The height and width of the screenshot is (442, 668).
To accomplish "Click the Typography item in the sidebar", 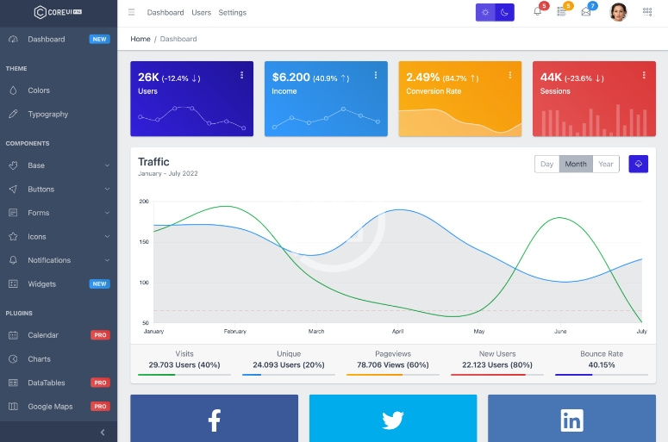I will pyautogui.click(x=47, y=114).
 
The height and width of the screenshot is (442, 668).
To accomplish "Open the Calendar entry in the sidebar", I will pyautogui.click(x=43, y=335).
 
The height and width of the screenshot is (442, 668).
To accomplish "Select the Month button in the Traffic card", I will pyautogui.click(x=576, y=164).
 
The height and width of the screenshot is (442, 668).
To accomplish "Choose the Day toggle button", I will pyautogui.click(x=546, y=164).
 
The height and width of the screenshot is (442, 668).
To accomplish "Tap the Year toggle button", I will pyautogui.click(x=606, y=164).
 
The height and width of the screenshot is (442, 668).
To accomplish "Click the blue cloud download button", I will pyautogui.click(x=638, y=164).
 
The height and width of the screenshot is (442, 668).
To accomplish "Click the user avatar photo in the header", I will pyautogui.click(x=618, y=12).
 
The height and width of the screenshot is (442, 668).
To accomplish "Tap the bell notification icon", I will pyautogui.click(x=537, y=12).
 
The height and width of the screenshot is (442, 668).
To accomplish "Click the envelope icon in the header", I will pyautogui.click(x=586, y=12).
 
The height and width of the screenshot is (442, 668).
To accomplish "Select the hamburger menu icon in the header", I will pyautogui.click(x=131, y=13).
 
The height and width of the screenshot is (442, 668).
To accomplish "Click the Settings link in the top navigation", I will pyautogui.click(x=232, y=13).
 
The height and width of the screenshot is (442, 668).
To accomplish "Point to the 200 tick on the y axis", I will pyautogui.click(x=143, y=202).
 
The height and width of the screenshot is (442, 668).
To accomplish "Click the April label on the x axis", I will pyautogui.click(x=397, y=331).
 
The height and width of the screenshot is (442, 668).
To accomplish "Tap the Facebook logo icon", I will pyautogui.click(x=214, y=420).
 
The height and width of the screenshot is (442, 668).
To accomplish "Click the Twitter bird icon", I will pyautogui.click(x=393, y=420).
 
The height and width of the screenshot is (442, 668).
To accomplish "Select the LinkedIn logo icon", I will pyautogui.click(x=571, y=420).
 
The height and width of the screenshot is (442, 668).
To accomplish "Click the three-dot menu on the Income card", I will pyautogui.click(x=376, y=76).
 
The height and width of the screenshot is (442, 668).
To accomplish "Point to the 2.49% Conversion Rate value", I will pyautogui.click(x=423, y=78).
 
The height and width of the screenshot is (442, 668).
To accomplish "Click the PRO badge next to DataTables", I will pyautogui.click(x=100, y=383).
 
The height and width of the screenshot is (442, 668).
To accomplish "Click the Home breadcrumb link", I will pyautogui.click(x=140, y=39).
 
